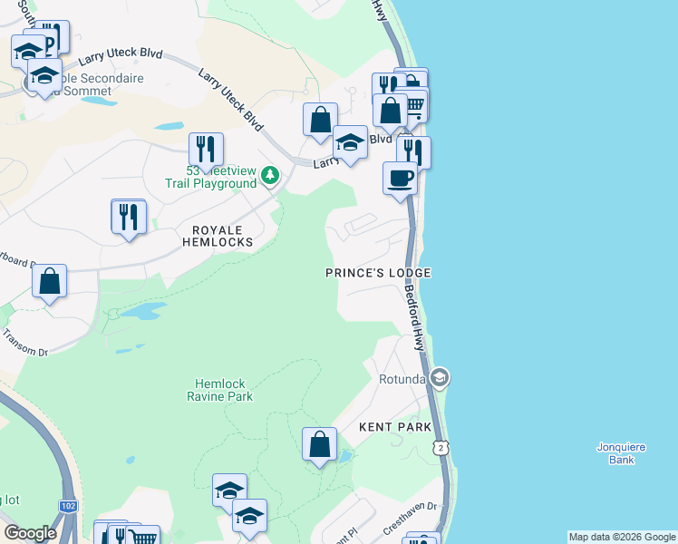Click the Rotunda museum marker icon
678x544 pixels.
441,377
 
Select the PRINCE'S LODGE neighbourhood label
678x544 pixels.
378,273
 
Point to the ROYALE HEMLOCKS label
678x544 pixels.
217,236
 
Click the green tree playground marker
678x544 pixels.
269,175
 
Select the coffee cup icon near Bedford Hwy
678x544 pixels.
400,178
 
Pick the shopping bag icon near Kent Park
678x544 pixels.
319,444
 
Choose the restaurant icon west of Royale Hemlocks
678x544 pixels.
129,216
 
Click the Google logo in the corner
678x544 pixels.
30,533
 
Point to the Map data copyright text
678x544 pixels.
622,537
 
